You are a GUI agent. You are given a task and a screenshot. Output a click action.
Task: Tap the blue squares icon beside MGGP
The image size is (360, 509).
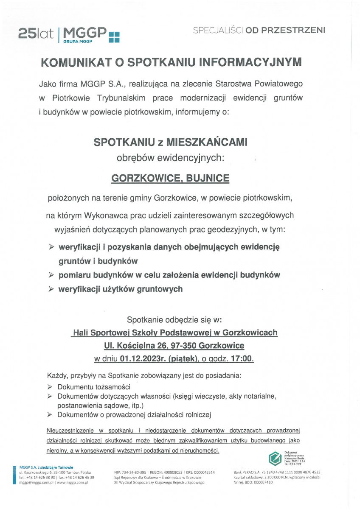click(x=115, y=37)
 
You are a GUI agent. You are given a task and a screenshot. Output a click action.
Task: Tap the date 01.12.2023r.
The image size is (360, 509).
click(x=143, y=358)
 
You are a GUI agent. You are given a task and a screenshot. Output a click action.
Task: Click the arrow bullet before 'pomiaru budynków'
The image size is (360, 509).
click(x=51, y=275)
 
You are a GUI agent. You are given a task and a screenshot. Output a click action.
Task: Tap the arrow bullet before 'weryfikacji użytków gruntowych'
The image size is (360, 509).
click(x=51, y=289)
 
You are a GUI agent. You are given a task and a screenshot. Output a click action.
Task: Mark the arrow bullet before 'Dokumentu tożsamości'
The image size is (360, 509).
click(x=50, y=387)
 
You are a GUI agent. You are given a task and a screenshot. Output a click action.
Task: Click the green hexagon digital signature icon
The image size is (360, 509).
click(x=274, y=458)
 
